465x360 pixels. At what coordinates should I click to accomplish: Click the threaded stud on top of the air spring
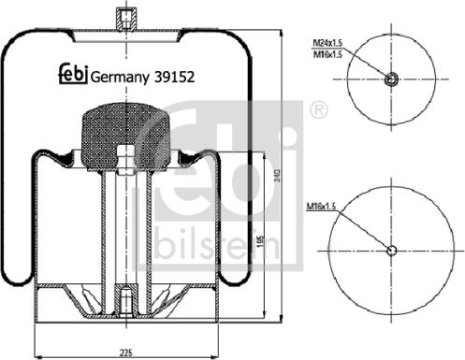(x=124, y=19)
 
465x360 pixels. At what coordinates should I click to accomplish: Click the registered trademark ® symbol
(x=320, y=110)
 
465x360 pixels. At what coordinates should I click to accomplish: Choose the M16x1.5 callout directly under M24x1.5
(x=327, y=55)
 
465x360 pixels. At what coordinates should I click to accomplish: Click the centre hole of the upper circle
(x=392, y=79)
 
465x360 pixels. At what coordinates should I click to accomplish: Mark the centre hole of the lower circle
(x=392, y=249)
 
